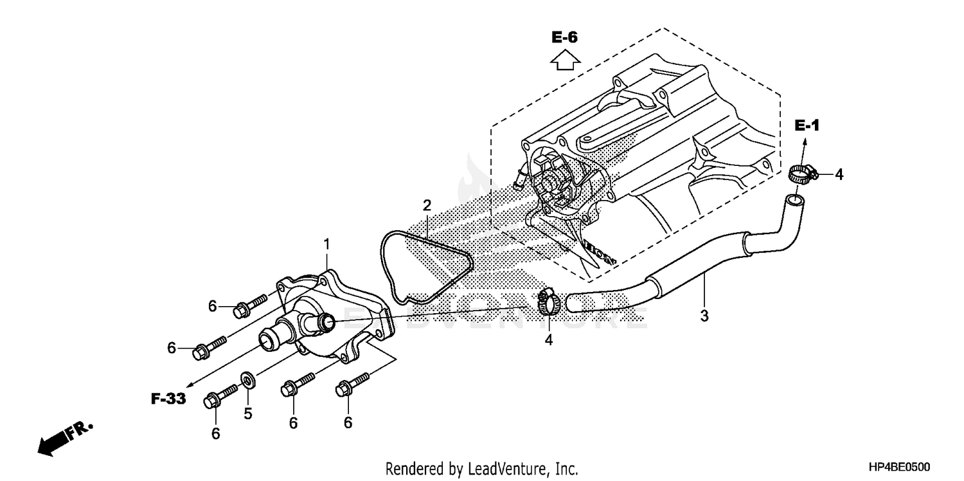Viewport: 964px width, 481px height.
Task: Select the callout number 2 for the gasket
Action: click(x=426, y=206)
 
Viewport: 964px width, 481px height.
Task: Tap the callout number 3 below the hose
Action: click(x=704, y=316)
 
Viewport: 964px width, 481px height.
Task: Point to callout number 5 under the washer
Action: click(x=247, y=413)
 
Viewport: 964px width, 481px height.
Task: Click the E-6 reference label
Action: click(x=564, y=38)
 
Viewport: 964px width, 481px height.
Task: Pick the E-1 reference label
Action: click(x=807, y=125)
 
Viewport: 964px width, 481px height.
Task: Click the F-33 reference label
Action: click(x=168, y=399)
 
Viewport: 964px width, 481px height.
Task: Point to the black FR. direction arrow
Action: click(x=55, y=442)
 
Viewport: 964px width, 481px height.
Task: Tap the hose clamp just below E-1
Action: click(x=801, y=173)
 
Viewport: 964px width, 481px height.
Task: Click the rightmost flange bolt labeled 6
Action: click(x=353, y=383)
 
